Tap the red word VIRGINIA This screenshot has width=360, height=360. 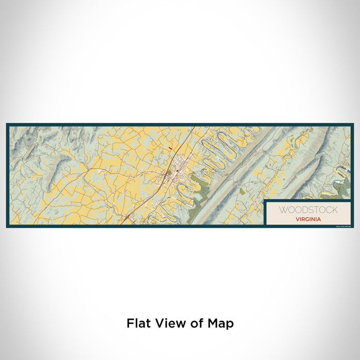coord(309,219)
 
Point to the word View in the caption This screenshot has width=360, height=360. coord(166,323)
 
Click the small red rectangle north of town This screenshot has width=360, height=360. coord(170,148)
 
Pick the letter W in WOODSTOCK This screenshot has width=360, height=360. coord(282,210)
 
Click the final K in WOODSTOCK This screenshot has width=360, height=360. coord(335,210)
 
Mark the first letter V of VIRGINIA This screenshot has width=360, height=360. coord(297,219)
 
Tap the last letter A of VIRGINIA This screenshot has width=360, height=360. coord(320,219)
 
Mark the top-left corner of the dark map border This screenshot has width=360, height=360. coord(7,124)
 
